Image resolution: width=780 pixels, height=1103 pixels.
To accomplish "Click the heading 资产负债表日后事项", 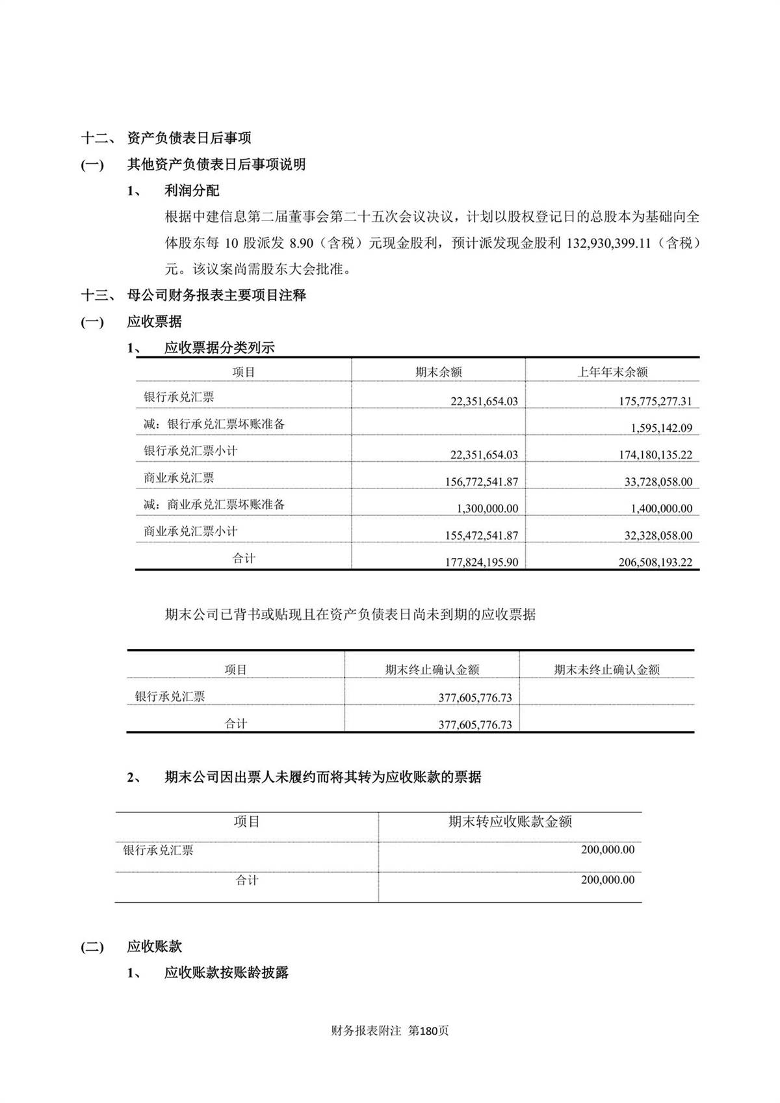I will coord(189,138).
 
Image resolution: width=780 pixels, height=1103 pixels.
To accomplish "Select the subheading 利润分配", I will coord(192,191).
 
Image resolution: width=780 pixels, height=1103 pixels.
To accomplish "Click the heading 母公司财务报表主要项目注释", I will coord(216,295).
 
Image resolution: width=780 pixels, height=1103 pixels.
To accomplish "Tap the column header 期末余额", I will coord(439,372).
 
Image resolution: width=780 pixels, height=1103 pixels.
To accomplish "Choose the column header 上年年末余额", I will coord(612,372).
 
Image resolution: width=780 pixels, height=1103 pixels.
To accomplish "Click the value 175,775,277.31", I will coord(655,401).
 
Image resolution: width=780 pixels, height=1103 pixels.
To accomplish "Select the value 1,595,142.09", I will coord(661,428).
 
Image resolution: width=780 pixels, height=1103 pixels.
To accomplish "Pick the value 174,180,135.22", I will coord(655,455).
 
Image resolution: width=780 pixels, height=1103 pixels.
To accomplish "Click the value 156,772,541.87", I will coord(484,482).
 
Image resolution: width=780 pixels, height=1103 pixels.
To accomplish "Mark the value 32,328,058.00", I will coord(658,535).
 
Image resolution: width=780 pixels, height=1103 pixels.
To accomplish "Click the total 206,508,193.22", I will coord(655,562).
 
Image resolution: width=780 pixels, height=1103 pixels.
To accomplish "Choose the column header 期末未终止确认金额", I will coord(606,669).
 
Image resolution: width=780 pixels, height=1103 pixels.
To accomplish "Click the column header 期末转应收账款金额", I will coord(510,822).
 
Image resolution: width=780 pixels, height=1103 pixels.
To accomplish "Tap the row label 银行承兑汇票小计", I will coord(190,451).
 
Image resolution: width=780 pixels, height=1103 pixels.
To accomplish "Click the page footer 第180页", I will coord(428,1031).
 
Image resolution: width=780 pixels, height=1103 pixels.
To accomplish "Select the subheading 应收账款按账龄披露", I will coord(226,973).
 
